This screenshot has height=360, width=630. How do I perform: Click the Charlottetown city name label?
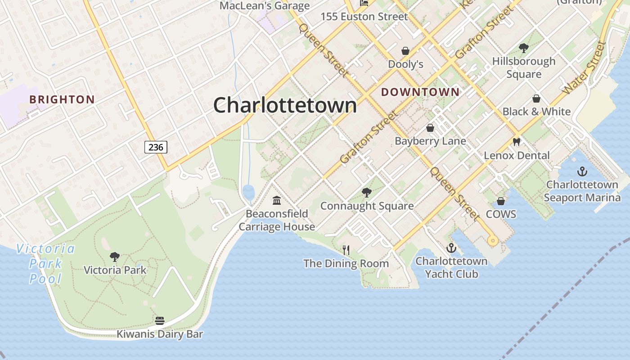[x=285, y=105]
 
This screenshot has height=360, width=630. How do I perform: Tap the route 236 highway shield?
[x=156, y=147]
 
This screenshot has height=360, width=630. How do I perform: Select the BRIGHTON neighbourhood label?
[x=62, y=99]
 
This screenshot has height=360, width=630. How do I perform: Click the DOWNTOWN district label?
[x=420, y=92]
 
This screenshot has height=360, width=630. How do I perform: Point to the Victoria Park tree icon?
[x=115, y=257]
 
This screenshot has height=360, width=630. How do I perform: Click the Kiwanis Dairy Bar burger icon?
[x=160, y=321]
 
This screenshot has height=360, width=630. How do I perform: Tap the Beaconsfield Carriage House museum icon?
[x=277, y=200]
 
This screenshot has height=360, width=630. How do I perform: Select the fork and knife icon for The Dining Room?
[x=346, y=250]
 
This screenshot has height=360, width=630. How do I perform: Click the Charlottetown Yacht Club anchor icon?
[x=451, y=248]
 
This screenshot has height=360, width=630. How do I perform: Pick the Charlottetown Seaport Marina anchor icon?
[x=582, y=171]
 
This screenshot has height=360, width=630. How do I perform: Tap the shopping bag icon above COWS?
[x=501, y=201]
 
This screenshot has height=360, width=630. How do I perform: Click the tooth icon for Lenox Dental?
[x=516, y=142]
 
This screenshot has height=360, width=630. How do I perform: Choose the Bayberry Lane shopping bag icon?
[x=430, y=128]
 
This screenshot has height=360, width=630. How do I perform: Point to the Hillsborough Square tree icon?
[x=523, y=48]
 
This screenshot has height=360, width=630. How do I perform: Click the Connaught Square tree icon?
[x=367, y=193]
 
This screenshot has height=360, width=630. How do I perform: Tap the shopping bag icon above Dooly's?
[x=405, y=51]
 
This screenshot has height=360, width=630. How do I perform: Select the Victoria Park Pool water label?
[x=45, y=264]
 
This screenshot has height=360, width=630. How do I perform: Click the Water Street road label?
[x=584, y=67]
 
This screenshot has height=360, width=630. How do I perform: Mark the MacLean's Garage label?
[x=265, y=6]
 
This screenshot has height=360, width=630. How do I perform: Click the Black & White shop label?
[x=536, y=111]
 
